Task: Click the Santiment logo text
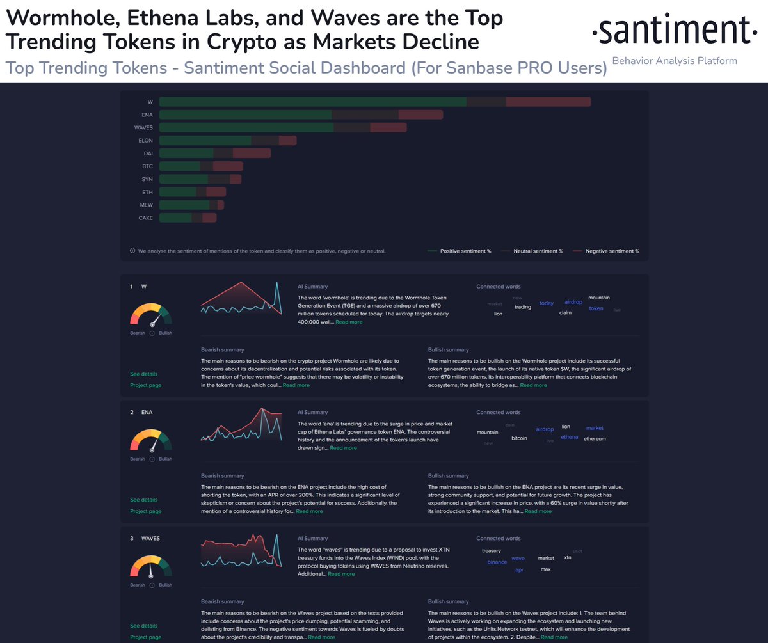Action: tap(671, 30)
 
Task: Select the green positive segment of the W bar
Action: tap(312, 102)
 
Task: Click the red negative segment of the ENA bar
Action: tap(420, 115)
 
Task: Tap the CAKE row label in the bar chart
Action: tap(146, 218)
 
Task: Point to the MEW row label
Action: tap(147, 205)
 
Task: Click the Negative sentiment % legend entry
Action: tap(611, 251)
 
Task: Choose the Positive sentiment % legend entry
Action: tap(465, 251)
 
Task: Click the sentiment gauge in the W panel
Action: tap(152, 315)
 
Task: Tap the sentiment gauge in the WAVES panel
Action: tap(152, 567)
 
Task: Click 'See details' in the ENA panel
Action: tap(143, 500)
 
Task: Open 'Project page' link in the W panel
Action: tap(145, 385)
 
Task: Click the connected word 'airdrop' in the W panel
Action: tap(573, 302)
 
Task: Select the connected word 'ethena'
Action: tap(569, 437)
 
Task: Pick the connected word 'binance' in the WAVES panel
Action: tap(497, 562)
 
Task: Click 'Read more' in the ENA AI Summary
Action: tap(343, 448)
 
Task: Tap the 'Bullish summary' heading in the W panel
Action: tap(449, 350)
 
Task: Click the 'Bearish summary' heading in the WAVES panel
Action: tap(222, 602)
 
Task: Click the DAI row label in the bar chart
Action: tap(148, 154)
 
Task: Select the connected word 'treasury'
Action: tap(491, 551)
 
